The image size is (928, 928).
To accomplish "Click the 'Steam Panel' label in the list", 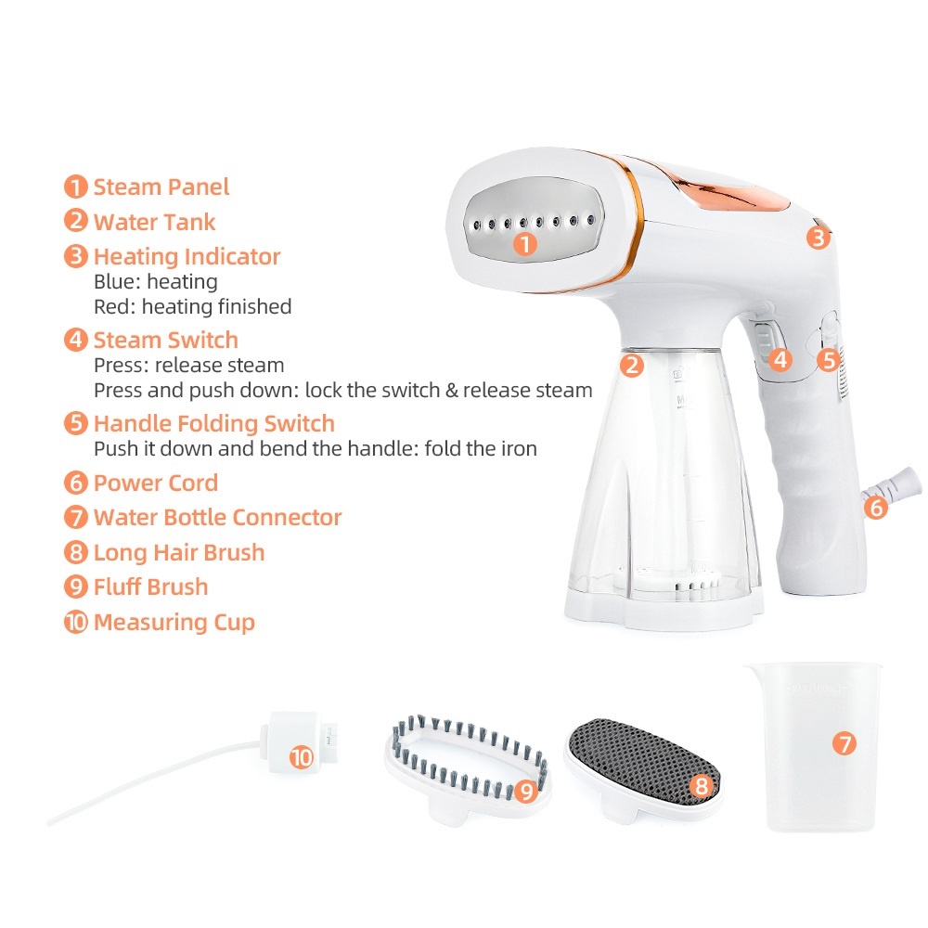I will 161,187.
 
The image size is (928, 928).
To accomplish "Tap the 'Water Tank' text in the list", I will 154,222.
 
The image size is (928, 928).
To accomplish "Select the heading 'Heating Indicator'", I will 187,256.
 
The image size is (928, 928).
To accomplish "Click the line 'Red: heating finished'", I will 192,306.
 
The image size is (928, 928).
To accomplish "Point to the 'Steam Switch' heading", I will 165,340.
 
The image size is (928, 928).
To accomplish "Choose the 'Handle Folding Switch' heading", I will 213,424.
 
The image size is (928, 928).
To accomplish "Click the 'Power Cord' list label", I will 156,483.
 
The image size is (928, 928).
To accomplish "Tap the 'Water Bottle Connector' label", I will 217,518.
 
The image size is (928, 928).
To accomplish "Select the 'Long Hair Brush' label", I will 179,553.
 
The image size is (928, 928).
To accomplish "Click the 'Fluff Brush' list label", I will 150,587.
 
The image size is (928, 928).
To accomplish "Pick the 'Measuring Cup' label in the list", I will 174,622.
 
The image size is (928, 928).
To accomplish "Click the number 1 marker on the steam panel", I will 525,245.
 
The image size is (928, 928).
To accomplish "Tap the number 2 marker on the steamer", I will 631,365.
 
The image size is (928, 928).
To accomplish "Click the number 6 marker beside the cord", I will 875,508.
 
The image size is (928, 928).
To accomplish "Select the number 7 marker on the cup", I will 843,743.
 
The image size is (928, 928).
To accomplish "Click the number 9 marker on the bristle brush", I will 527,791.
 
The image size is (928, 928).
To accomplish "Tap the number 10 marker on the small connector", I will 301,757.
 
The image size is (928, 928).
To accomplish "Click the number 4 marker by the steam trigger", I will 780,359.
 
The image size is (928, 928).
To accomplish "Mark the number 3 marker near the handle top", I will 817,238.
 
